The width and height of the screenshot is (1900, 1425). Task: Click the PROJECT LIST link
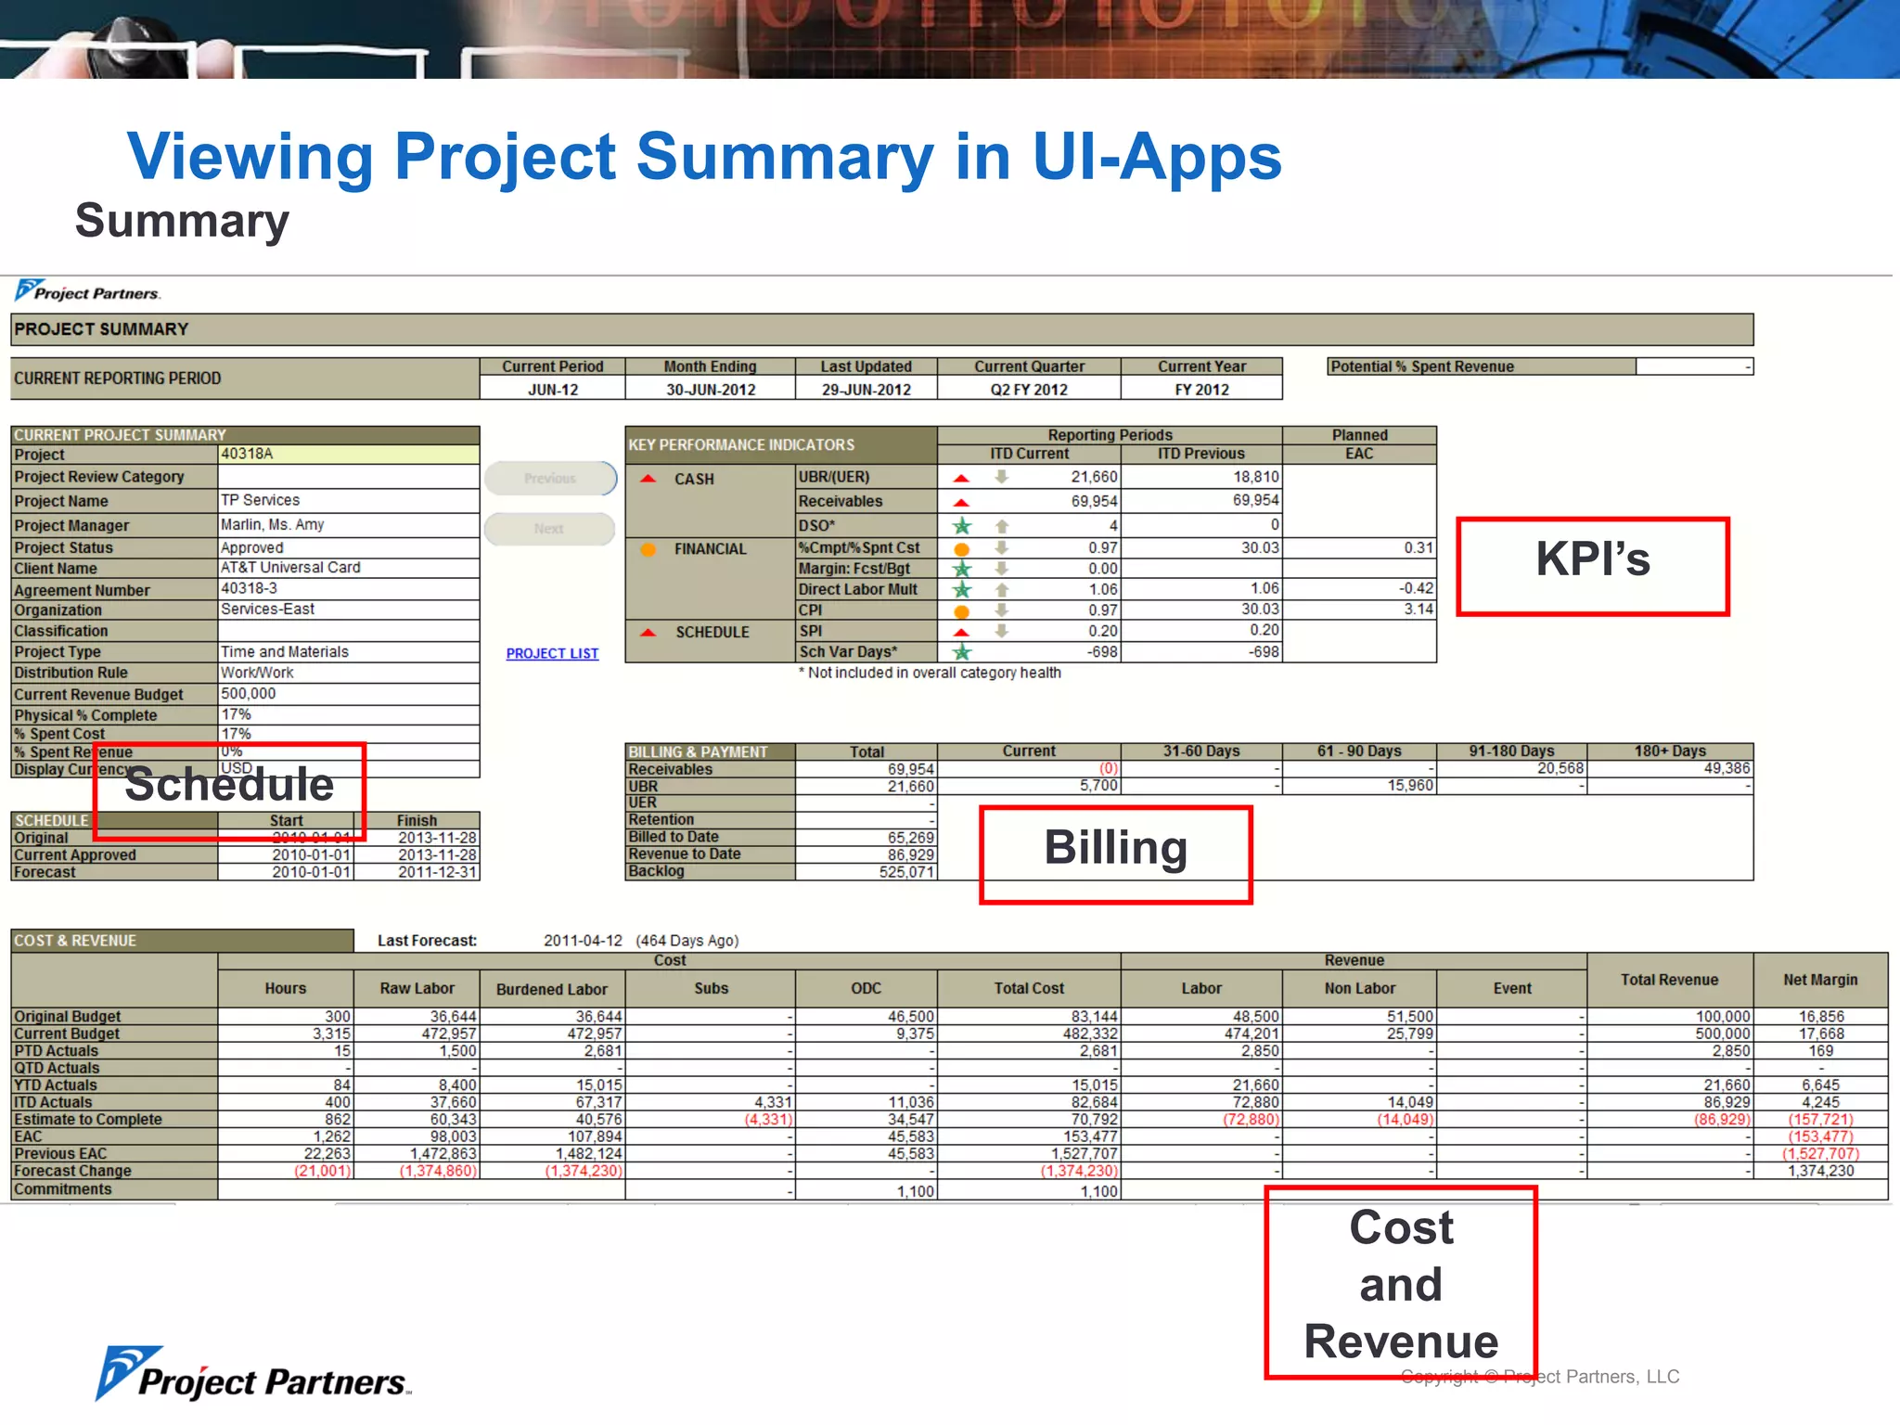click(552, 653)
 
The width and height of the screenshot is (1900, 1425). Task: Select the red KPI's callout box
click(1592, 566)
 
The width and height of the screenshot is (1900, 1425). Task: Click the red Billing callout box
click(1115, 854)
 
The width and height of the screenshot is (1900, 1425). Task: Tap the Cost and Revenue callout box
click(1400, 1283)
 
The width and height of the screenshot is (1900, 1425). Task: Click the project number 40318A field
click(348, 454)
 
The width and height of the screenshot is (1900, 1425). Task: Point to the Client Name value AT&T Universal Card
click(290, 567)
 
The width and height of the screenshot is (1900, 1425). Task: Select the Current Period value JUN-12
click(553, 390)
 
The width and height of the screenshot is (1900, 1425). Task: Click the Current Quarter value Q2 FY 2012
click(1028, 390)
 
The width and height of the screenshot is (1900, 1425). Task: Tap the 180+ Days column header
click(1669, 751)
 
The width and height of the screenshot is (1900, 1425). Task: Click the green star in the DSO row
click(962, 526)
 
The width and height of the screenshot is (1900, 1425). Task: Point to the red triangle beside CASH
click(648, 479)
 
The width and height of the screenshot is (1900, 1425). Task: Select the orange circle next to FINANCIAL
click(648, 549)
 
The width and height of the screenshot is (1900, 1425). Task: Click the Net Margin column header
click(1819, 980)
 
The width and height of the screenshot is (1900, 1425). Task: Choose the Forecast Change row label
click(72, 1171)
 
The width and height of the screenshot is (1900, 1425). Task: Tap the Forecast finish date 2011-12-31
click(436, 872)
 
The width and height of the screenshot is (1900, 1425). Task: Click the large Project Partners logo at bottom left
click(252, 1375)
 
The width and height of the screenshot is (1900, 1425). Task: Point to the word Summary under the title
click(182, 221)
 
